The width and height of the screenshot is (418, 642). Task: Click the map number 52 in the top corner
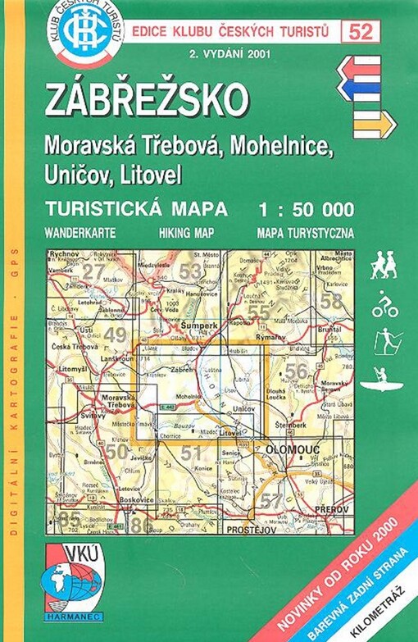click(x=357, y=33)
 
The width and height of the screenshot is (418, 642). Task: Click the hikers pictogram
click(x=383, y=264)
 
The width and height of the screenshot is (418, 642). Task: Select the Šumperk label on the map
click(x=197, y=325)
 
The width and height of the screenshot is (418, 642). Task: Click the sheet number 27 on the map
click(x=94, y=271)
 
